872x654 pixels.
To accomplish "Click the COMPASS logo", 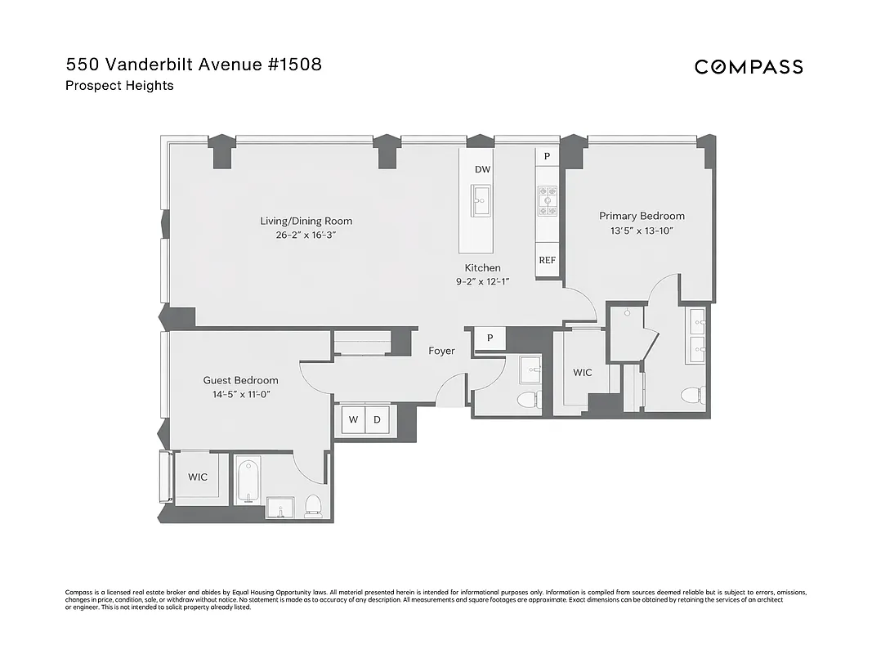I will coord(749,67).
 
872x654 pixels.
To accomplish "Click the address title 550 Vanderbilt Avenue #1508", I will coord(194,65).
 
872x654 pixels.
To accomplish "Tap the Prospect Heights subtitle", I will coord(119,86).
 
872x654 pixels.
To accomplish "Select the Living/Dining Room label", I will coord(306,221).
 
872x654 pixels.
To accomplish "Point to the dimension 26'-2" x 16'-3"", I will coord(306,235).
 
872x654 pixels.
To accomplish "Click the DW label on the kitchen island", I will coord(482,169).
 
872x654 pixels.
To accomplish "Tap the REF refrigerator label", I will coord(547,261).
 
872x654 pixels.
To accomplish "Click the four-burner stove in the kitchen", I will coord(547,200).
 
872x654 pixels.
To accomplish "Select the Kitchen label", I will coord(482,268).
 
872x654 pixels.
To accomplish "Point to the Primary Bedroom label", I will coord(642,216).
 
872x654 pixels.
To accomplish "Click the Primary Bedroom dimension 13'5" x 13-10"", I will coord(642,231).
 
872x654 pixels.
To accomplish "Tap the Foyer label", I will coord(442,352).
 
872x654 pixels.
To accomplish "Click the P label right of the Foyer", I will coord(490,338).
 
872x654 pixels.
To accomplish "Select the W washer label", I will coord(353,420).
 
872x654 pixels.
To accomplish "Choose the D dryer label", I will coord(377,420).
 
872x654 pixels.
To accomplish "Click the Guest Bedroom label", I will coord(240,380).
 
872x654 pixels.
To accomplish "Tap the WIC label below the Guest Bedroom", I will coord(198,477).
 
